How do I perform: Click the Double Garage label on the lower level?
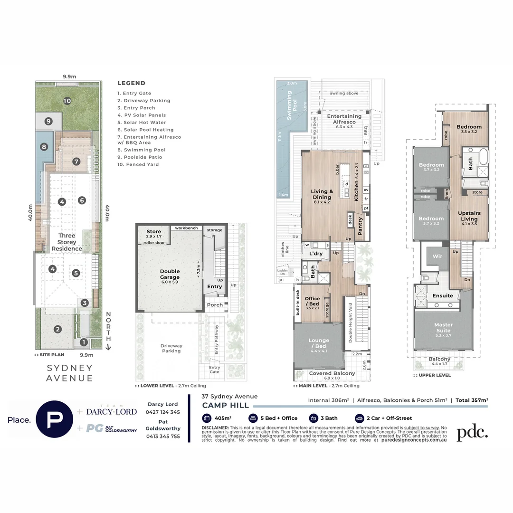pos(170,274)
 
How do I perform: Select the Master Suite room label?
pos(443,328)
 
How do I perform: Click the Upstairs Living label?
pos(469,216)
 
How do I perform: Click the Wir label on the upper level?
pos(437,256)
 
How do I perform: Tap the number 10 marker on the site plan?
pos(67,101)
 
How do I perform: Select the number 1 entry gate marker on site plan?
pos(84,342)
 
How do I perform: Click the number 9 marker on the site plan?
pos(48,121)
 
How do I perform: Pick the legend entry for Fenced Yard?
pos(139,164)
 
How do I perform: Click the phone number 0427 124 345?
pos(163,412)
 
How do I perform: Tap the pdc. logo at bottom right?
pos(472,432)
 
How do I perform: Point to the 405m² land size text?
pos(222,418)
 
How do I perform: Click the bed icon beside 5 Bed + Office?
pos(253,418)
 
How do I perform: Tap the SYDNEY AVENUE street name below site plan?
pos(69,373)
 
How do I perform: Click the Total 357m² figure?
pos(472,400)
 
